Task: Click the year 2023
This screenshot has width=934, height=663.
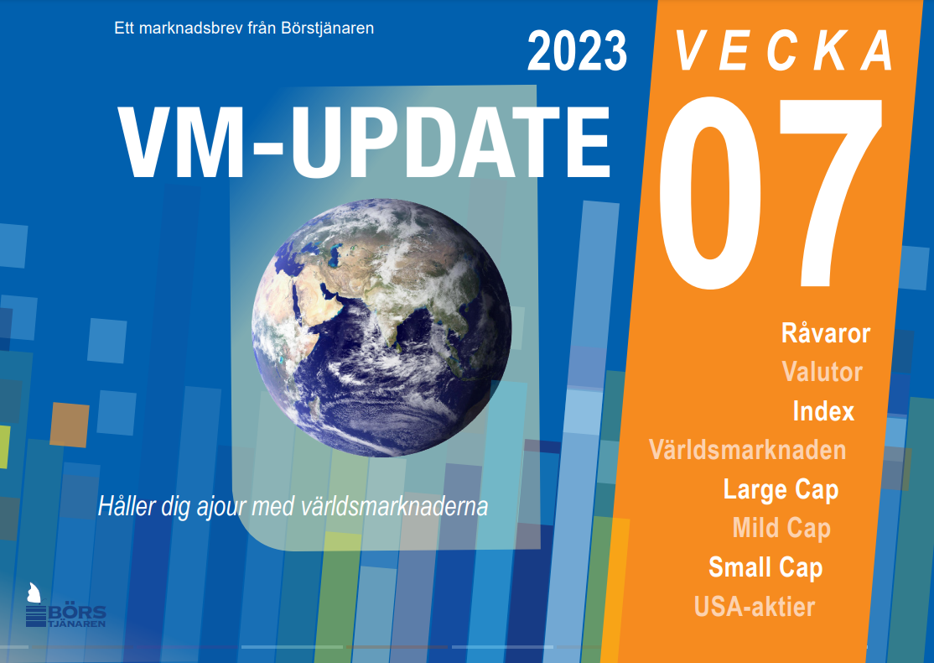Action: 577,51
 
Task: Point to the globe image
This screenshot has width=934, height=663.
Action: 381,328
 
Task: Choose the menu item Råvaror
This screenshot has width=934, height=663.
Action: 826,332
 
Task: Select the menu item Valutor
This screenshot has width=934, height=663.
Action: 822,372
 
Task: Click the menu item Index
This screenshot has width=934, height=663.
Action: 823,411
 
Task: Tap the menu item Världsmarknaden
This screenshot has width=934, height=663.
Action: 748,450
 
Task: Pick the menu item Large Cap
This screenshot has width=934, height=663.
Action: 781,490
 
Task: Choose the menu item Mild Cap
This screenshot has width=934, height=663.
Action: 781,529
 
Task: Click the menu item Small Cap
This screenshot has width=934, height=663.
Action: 765,567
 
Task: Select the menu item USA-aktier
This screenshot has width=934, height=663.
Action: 755,607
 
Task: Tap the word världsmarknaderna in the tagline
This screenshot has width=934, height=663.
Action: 394,507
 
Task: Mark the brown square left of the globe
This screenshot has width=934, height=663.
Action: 70,425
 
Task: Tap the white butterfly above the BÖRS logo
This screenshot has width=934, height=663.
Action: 34,593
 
